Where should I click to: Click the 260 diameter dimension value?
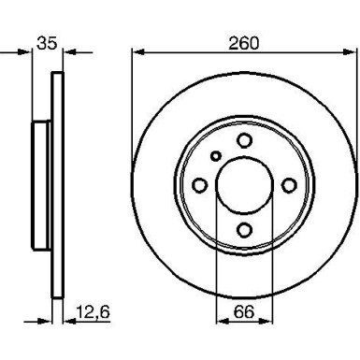244,43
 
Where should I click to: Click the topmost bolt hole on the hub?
244,140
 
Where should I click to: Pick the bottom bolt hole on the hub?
244,231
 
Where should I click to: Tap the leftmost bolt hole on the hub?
199,186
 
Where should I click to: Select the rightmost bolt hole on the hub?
289,186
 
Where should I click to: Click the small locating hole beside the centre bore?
216,156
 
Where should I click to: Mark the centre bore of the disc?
244,186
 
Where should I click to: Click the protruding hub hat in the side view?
43,186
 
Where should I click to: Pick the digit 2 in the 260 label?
233,43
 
